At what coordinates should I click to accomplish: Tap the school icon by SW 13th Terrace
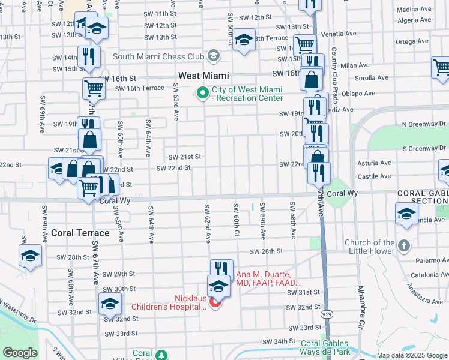pos(243,40)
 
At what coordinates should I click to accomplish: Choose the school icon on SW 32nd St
pos(110,304)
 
